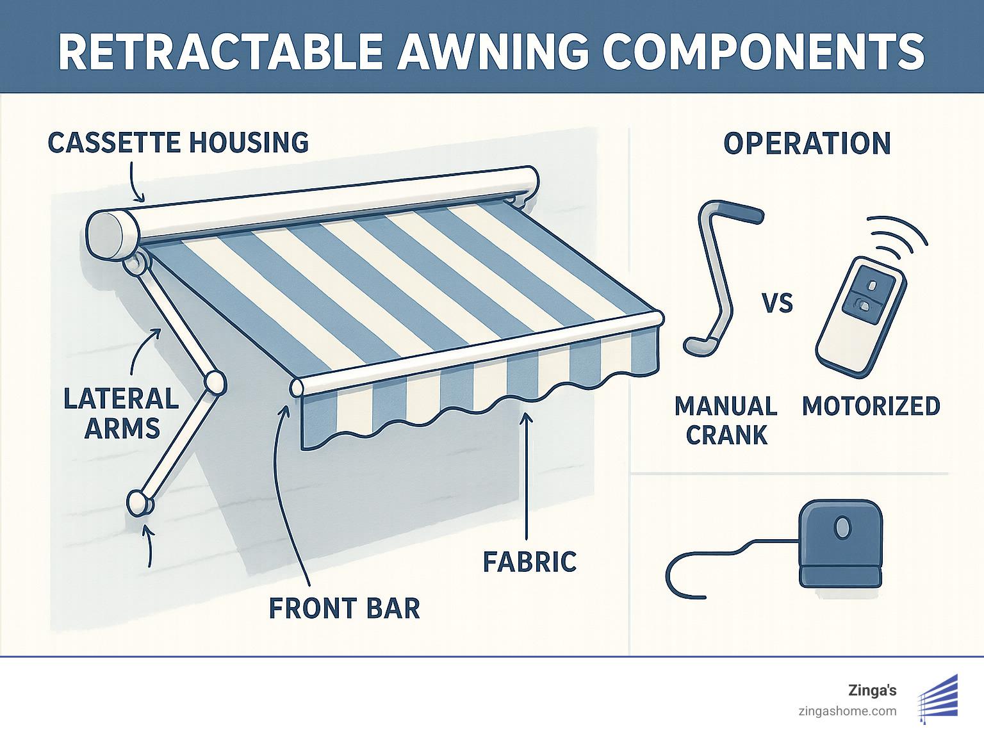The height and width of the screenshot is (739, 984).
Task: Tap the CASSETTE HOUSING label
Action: click(178, 142)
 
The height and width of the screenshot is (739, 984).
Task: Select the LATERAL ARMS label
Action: click(121, 413)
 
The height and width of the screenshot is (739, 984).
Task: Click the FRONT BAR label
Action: click(344, 608)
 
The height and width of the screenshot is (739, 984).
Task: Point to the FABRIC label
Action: click(529, 562)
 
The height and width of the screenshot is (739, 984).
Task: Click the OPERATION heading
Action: click(807, 143)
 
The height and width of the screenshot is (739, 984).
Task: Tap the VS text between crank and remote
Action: click(777, 302)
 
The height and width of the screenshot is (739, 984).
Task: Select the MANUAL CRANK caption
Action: click(726, 420)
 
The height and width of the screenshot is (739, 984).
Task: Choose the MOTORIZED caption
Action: click(871, 406)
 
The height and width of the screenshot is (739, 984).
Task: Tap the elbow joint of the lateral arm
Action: click(214, 382)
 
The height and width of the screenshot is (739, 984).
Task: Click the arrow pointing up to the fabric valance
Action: click(526, 474)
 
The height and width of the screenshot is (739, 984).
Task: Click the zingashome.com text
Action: click(847, 711)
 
